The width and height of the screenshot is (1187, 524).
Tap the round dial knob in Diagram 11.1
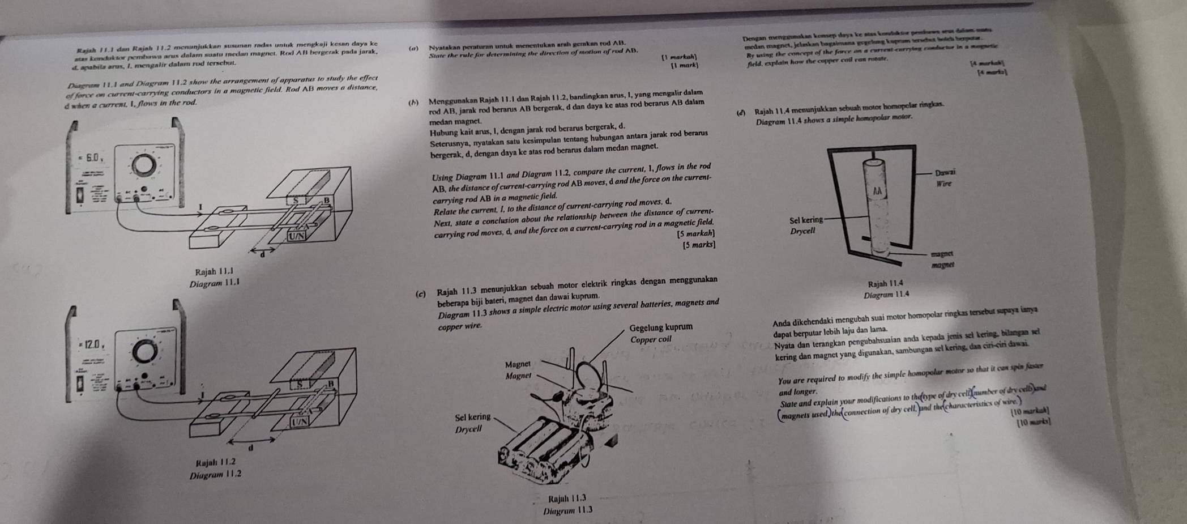point(143,164)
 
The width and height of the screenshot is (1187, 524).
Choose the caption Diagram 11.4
point(886,295)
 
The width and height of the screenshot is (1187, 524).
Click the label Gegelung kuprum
point(661,327)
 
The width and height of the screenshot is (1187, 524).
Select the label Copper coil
point(651,339)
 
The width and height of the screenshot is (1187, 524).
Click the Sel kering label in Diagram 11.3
point(472,418)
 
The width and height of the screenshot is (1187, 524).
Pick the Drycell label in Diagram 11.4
point(802,231)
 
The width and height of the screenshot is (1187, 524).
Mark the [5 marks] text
point(699,245)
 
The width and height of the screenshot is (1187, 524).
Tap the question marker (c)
point(420,295)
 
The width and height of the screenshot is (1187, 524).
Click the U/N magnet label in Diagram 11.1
point(296,236)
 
